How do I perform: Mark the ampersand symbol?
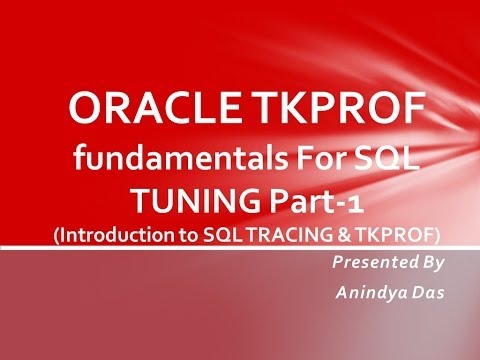pos(337,233)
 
